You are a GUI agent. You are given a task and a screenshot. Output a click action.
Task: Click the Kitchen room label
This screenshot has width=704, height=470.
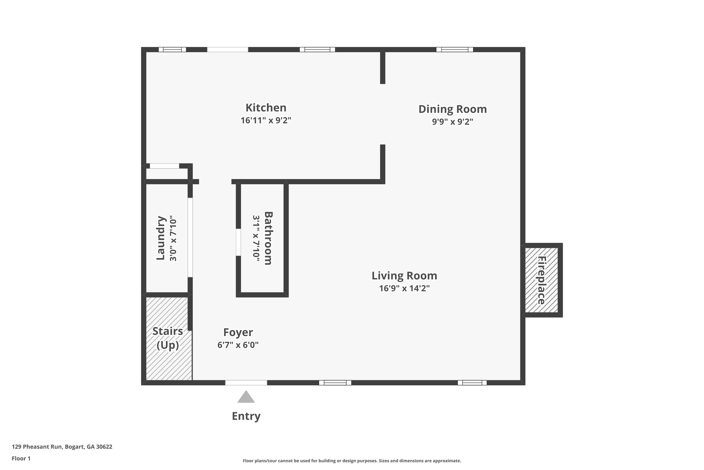pyautogui.click(x=266, y=108)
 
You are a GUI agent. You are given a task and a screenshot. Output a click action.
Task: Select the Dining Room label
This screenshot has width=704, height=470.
pyautogui.click(x=452, y=109)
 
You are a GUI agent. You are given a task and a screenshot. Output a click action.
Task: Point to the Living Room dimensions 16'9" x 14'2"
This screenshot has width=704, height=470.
pyautogui.click(x=404, y=288)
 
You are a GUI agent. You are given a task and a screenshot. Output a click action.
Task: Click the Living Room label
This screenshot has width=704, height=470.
pyautogui.click(x=404, y=276)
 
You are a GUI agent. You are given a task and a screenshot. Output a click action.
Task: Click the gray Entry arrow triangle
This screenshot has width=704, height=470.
pyautogui.click(x=246, y=397)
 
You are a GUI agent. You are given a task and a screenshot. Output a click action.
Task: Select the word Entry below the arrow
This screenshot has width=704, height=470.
pyautogui.click(x=246, y=416)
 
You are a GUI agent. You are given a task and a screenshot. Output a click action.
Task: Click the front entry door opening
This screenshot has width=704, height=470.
pyautogui.click(x=246, y=383)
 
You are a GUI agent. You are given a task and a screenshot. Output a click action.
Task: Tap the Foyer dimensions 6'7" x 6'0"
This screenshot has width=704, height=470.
pyautogui.click(x=238, y=345)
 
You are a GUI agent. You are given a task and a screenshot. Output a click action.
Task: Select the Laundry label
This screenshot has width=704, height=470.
pyautogui.click(x=161, y=238)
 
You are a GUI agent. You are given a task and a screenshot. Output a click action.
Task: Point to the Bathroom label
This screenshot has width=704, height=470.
pyautogui.click(x=268, y=238)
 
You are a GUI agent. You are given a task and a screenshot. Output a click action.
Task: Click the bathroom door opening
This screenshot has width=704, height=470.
pyautogui.click(x=238, y=242)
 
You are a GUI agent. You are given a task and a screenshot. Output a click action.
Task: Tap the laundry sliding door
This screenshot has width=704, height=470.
pyautogui.click(x=190, y=237)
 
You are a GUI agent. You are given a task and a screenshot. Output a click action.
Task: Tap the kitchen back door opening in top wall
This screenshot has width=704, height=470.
pyautogui.click(x=227, y=49)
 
